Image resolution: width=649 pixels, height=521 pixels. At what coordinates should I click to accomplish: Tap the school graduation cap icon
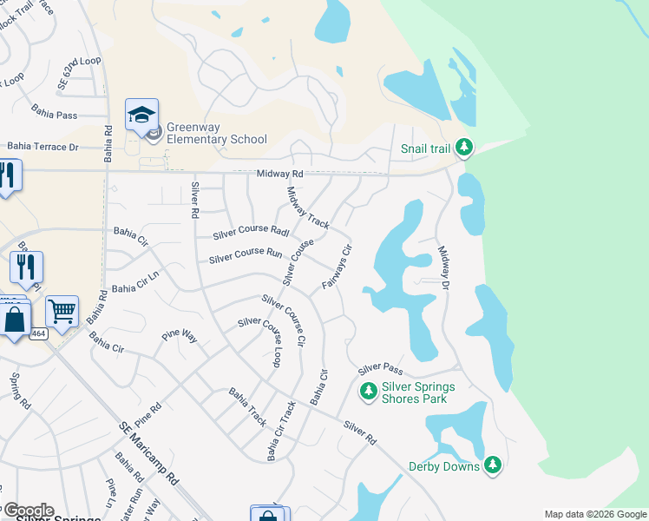(x=141, y=115)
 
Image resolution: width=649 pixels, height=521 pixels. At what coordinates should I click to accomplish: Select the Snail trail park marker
(x=465, y=148)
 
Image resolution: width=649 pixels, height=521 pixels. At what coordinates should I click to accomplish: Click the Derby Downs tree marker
(x=493, y=465)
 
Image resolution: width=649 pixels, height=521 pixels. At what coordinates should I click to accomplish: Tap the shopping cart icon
(x=62, y=310)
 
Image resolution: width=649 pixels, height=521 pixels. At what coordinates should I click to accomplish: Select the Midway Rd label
(x=278, y=175)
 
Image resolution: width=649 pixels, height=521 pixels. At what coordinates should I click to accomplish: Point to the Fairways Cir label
(x=337, y=267)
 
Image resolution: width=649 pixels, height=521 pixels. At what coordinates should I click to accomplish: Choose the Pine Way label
(x=181, y=338)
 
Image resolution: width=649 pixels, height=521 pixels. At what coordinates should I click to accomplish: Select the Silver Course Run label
(x=246, y=257)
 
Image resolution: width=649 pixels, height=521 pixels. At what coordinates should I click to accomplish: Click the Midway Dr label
(x=444, y=267)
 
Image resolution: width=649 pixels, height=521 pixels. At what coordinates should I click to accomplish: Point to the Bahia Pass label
(x=55, y=113)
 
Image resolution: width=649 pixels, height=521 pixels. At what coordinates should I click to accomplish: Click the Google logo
(x=28, y=511)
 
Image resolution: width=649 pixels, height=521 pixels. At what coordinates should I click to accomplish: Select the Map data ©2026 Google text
(x=595, y=514)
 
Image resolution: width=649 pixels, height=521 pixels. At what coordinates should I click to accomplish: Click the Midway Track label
(x=308, y=208)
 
